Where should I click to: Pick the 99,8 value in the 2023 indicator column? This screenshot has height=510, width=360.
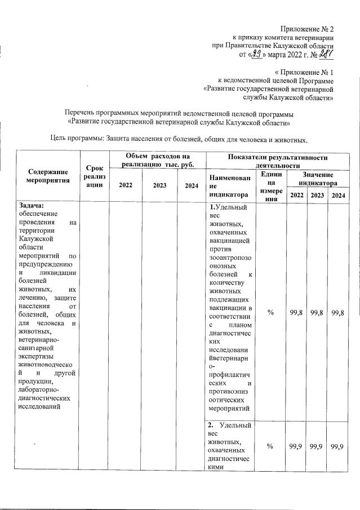(316, 313)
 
